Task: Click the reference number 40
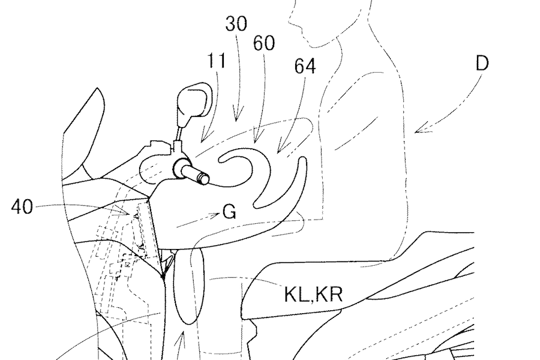coord(23,208)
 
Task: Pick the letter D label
coord(482,64)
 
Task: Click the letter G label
coord(228,211)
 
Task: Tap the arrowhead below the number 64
coord(280,148)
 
